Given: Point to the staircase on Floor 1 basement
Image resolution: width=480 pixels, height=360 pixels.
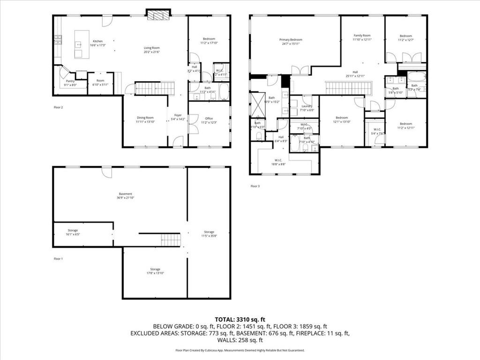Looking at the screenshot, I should point(171,240).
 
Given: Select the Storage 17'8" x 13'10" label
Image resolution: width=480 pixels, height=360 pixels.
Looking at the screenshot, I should point(155,271).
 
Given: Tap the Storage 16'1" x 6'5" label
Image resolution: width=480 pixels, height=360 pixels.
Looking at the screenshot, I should point(73,232).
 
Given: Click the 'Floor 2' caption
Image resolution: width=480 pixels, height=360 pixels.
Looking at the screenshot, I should point(58,107).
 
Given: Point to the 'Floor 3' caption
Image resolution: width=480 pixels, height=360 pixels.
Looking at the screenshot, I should point(255,186).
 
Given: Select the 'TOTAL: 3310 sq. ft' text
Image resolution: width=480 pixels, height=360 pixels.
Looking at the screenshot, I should point(240,319).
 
